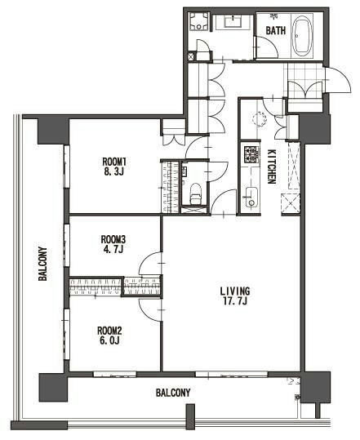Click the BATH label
pos(276,30)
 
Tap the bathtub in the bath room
pos(303,36)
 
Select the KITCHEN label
pos(272,167)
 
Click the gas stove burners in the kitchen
pos(251,154)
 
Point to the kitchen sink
pos(251,198)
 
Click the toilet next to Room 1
pos(195,193)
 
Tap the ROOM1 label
pos(114,162)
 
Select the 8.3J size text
pos(114,171)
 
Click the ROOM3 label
pos(113,239)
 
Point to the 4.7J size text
pos(113,249)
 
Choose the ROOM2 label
pos(109,331)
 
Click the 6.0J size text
pos(110,340)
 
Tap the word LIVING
pos(235,291)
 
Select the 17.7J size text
pos(235,301)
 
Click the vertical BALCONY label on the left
pos(42,264)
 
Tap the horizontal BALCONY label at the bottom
pos(173,393)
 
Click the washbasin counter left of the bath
pos(233,21)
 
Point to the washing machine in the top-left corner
pos(199,20)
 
